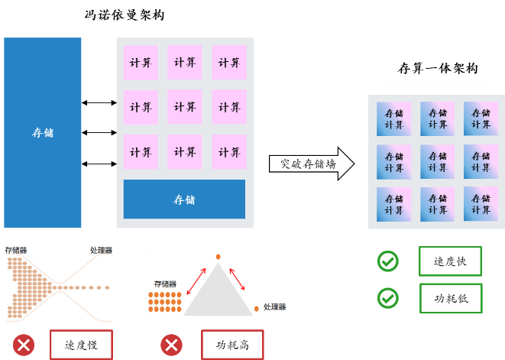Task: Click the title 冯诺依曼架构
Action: click(x=118, y=15)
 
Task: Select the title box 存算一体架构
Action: click(x=436, y=67)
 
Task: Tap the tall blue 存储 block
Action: click(x=43, y=132)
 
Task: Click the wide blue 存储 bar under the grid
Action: click(x=184, y=199)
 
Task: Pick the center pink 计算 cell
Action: click(x=185, y=107)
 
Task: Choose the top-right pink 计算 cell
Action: click(x=229, y=63)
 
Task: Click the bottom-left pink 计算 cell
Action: click(x=141, y=151)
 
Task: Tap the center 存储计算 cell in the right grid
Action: click(x=438, y=161)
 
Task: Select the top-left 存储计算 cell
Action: click(x=394, y=118)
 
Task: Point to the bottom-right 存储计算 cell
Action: click(x=481, y=204)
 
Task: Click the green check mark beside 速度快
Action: click(x=388, y=261)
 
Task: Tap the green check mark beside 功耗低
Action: click(x=388, y=298)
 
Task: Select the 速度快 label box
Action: click(x=450, y=261)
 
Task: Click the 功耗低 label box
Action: click(x=450, y=298)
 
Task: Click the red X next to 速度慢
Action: click(x=24, y=345)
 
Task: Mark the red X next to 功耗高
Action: click(x=171, y=345)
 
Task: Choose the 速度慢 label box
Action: click(x=82, y=345)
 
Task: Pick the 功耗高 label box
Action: click(x=232, y=345)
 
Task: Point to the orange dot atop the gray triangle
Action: click(x=218, y=256)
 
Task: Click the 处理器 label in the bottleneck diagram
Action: click(x=101, y=251)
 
